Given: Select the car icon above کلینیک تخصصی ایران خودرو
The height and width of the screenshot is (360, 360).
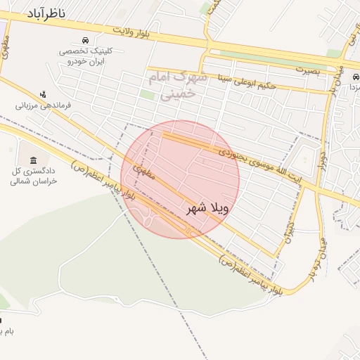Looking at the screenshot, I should pos(84,40).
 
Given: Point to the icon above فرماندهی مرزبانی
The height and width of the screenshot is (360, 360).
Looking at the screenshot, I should pos(44,94).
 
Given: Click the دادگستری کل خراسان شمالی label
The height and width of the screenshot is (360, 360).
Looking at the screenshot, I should pos(33,176).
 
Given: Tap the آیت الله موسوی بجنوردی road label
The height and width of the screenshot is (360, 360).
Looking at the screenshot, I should pos(253,162).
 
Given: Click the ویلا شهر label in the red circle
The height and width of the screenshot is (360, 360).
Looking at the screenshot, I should pos(208,209).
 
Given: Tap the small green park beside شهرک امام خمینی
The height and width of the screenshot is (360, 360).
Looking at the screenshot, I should pos(147,94).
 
